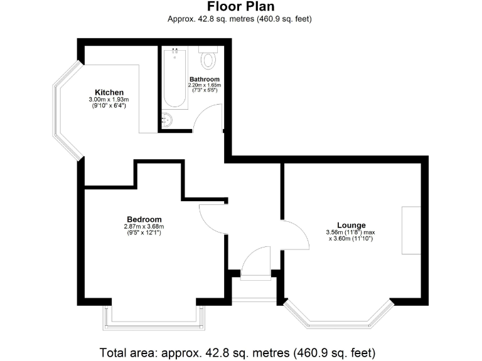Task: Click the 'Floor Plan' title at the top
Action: click(240, 7)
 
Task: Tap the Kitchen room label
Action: click(109, 92)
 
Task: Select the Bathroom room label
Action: click(205, 79)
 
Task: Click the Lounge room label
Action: click(351, 225)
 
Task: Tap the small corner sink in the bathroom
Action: click(168, 120)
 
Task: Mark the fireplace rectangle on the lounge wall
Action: click(411, 230)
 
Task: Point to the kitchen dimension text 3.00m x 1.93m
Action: click(109, 100)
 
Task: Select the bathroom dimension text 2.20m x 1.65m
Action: click(205, 85)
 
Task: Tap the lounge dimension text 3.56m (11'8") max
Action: click(351, 233)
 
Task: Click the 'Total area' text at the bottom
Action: click(240, 352)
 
